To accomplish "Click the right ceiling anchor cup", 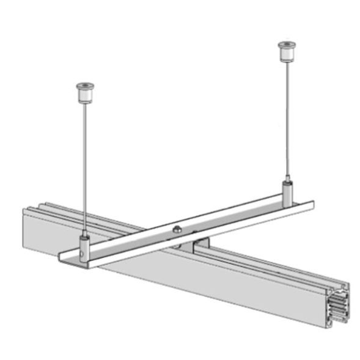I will click(285, 53).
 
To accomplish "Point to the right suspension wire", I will click(285, 122).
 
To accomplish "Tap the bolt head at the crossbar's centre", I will click(175, 230).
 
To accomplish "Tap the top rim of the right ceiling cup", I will click(285, 44).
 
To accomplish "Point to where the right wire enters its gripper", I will click(286, 182).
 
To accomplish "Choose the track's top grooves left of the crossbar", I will click(61, 211).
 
